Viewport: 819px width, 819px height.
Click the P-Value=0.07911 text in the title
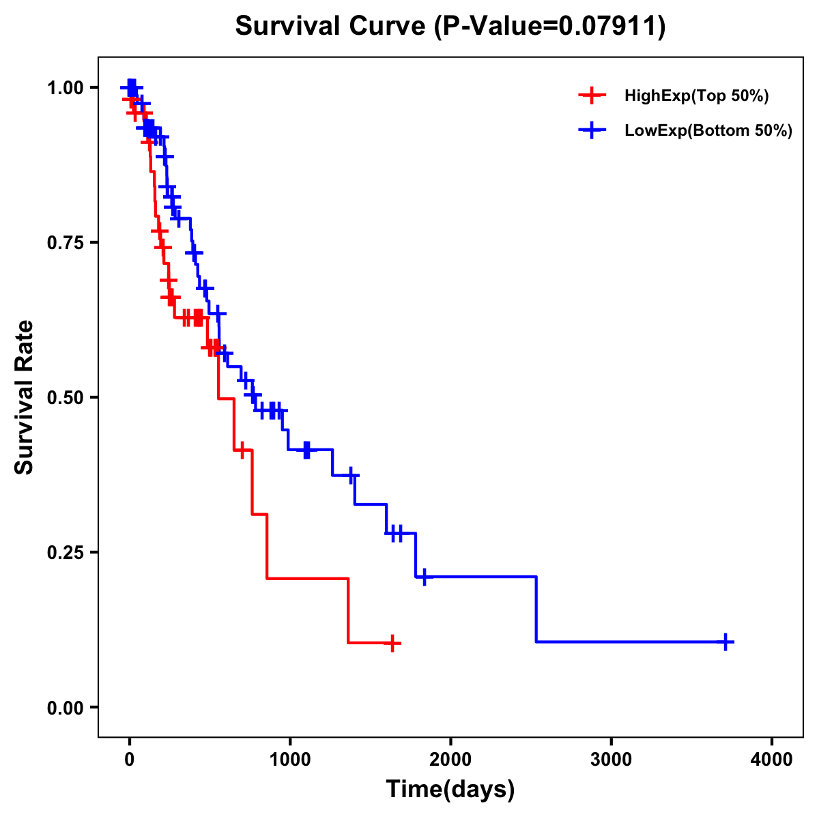[551, 27]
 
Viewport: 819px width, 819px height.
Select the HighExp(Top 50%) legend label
[696, 96]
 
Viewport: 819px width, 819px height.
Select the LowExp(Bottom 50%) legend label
[708, 131]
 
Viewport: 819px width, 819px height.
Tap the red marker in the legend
[592, 96]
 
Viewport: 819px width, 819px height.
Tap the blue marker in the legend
[592, 131]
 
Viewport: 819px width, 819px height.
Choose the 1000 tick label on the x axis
[289, 760]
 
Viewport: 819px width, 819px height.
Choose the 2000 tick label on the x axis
[450, 760]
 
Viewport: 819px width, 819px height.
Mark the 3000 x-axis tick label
[611, 760]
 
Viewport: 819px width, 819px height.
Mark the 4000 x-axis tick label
[772, 760]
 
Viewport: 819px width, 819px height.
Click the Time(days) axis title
[450, 790]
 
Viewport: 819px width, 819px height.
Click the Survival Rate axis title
[25, 397]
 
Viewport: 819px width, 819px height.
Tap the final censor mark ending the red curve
[392, 643]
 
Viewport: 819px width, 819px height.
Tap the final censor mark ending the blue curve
[726, 642]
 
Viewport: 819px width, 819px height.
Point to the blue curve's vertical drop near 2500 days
[536, 609]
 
